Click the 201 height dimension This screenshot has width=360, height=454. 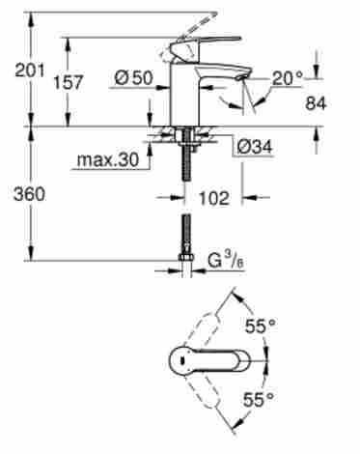(x=30, y=71)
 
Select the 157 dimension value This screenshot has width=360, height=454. (x=68, y=82)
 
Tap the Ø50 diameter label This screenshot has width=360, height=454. (x=133, y=78)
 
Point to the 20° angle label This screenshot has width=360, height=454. (x=288, y=78)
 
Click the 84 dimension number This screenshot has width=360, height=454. (x=316, y=103)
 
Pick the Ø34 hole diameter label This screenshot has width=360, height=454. (x=255, y=147)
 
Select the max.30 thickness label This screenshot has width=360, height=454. (x=108, y=159)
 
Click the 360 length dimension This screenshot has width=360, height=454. (x=29, y=194)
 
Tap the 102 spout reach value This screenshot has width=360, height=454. (x=214, y=198)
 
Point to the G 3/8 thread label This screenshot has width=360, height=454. (x=226, y=261)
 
